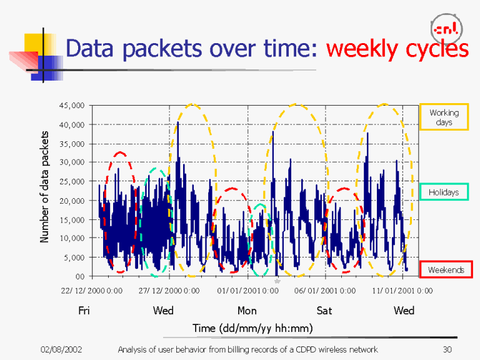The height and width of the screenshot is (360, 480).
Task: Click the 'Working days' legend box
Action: click(444, 117)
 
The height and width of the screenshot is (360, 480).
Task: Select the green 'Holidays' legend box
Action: click(444, 192)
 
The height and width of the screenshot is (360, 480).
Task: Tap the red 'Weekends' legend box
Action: click(446, 269)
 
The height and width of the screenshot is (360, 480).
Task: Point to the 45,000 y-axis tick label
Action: click(71, 106)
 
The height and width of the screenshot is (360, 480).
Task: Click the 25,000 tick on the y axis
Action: click(71, 181)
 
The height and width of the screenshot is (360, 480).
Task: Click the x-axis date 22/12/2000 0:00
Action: click(92, 291)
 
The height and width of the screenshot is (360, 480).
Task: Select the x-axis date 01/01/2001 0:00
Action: click(247, 291)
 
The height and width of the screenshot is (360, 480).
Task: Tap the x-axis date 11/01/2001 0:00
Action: click(402, 291)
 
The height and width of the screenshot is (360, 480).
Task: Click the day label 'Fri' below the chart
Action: click(84, 311)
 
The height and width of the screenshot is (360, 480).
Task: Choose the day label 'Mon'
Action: click(247, 311)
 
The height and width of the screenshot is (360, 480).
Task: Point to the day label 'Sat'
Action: click(324, 311)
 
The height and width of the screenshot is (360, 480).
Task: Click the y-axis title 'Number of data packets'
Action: click(44, 187)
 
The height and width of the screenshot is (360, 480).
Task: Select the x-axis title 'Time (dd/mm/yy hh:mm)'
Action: click(252, 327)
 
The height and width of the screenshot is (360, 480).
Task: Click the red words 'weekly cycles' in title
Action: click(397, 49)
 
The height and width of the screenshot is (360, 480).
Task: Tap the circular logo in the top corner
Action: click(447, 28)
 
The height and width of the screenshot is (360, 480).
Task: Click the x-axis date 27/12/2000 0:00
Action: click(169, 291)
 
